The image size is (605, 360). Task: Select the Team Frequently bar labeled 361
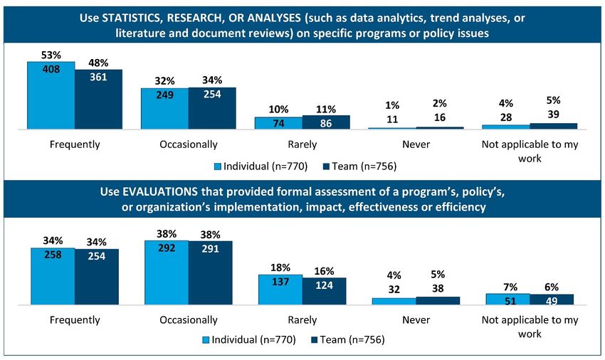pyautogui.click(x=98, y=99)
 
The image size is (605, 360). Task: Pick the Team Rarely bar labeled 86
pyautogui.click(x=326, y=122)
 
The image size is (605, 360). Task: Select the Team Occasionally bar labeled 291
pyautogui.click(x=210, y=273)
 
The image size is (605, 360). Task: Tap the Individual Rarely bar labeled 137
pyautogui.click(x=280, y=290)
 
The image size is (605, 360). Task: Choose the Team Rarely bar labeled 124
pyautogui.click(x=324, y=291)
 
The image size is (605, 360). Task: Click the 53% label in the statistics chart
pyautogui.click(x=51, y=54)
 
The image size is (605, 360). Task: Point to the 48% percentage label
pyautogui.click(x=98, y=63)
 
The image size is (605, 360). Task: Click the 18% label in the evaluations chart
pyautogui.click(x=280, y=268)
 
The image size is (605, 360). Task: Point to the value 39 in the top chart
pyautogui.click(x=553, y=115)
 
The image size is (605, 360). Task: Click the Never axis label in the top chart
pyautogui.click(x=416, y=144)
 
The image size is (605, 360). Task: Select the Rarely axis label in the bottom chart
pyautogui.click(x=302, y=319)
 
